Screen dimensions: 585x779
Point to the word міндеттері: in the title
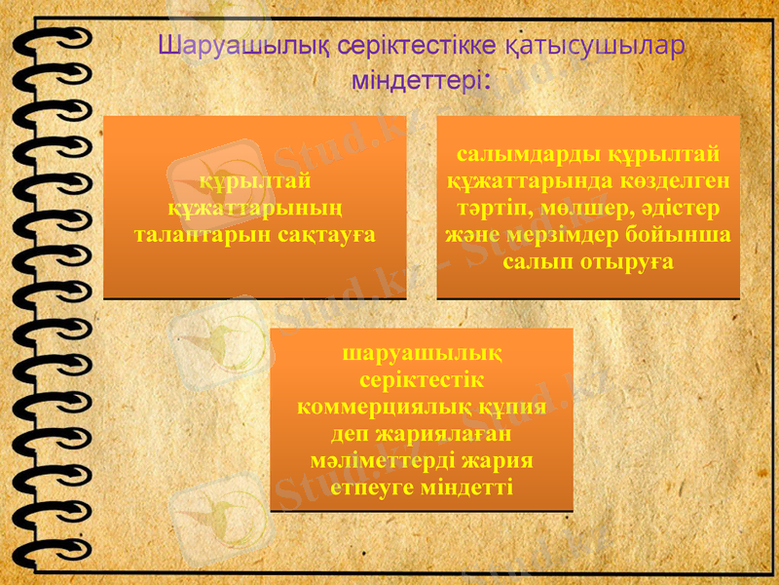tap(421, 78)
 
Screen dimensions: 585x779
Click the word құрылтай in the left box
tap(255, 180)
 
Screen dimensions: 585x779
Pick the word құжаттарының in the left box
tap(255, 208)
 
